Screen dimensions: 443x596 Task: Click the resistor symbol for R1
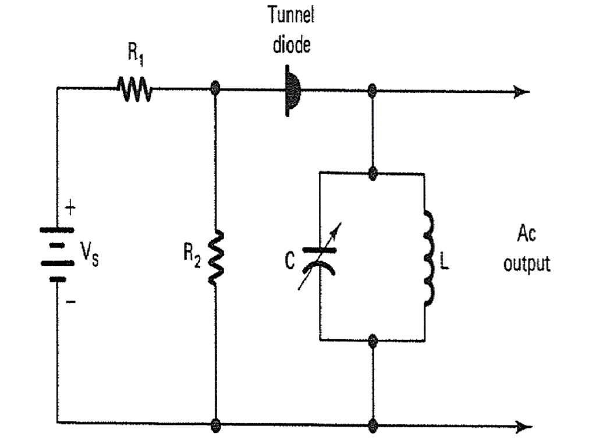pos(134,90)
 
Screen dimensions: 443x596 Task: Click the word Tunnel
pos(291,16)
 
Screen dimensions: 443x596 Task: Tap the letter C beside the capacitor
pos(290,262)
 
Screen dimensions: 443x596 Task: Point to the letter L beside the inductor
pos(445,262)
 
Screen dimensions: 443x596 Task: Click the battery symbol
pos(57,254)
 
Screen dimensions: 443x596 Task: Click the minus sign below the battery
pos(70,302)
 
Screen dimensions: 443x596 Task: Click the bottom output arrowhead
pos(523,427)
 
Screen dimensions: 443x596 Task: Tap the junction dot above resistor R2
pos(215,89)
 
